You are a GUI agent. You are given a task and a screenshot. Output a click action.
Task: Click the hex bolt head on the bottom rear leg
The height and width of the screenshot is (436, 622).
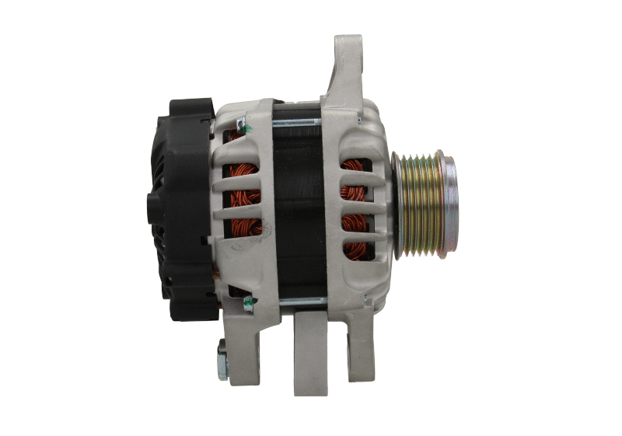coord(222,360)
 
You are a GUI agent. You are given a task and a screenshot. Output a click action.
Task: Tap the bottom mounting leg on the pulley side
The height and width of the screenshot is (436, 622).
coord(360,346)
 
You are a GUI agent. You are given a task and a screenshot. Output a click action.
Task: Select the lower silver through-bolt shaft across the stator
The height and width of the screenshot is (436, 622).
coord(299,302)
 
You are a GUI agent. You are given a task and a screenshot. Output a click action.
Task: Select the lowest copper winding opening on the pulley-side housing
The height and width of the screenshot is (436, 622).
coord(355,249)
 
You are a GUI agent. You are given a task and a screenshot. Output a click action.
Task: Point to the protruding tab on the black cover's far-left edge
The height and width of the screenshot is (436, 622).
coord(151,205)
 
